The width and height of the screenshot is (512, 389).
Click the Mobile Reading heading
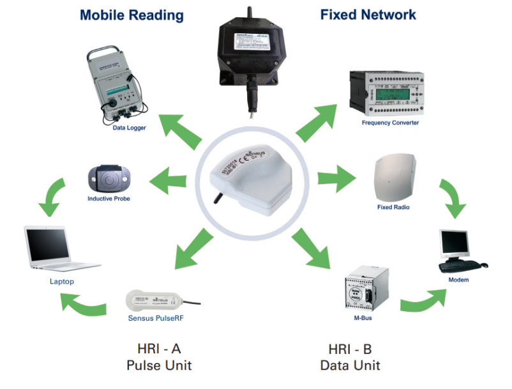pyautogui.click(x=132, y=15)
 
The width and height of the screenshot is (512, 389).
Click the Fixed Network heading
pyautogui.click(x=368, y=15)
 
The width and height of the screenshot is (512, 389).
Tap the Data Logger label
pyautogui.click(x=129, y=128)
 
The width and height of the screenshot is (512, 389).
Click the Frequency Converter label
pyautogui.click(x=389, y=123)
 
